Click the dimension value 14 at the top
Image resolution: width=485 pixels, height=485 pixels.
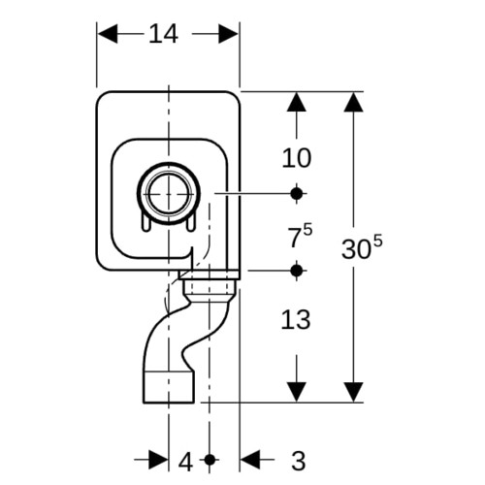pyautogui.click(x=163, y=34)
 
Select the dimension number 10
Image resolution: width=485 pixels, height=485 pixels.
pyautogui.click(x=297, y=158)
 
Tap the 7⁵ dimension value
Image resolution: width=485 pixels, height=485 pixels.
pyautogui.click(x=300, y=236)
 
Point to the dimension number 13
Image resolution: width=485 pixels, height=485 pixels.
pyautogui.click(x=296, y=320)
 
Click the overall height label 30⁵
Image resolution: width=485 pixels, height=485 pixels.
pyautogui.click(x=362, y=247)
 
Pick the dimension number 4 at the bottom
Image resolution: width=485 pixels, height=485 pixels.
pyautogui.click(x=185, y=462)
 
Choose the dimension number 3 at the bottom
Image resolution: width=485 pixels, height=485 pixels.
pyautogui.click(x=299, y=462)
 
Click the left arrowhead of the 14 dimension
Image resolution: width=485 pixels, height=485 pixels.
pyautogui.click(x=108, y=34)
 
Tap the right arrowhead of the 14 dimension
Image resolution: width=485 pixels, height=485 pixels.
pyautogui.click(x=229, y=34)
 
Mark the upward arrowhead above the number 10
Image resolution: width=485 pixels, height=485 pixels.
pyautogui.click(x=297, y=102)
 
